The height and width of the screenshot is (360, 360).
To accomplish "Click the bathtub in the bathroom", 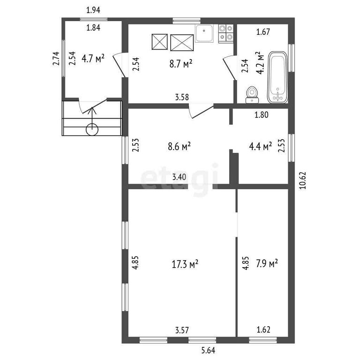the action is [x=277, y=77].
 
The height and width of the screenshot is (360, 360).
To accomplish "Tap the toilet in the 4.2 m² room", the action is [x=252, y=95].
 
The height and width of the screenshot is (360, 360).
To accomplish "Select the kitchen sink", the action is [x=204, y=34].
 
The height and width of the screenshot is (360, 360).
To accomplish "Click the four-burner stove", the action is [x=226, y=34].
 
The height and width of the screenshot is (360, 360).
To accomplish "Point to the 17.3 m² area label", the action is [x=185, y=264].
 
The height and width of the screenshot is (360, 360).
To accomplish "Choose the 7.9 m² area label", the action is [x=267, y=263].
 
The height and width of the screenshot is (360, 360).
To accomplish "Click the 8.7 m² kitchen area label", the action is [x=180, y=64].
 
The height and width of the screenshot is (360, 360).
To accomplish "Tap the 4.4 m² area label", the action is [x=260, y=146].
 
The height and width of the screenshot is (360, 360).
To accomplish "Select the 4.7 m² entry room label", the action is [x=93, y=58].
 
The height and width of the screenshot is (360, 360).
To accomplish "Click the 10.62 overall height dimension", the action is [x=303, y=180].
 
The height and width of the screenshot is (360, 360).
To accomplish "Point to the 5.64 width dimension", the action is [x=208, y=350].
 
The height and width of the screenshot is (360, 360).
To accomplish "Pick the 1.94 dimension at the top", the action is [x=93, y=10].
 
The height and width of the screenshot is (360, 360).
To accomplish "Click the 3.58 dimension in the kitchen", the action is [x=182, y=97].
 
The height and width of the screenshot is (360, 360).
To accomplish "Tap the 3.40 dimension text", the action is [x=179, y=177].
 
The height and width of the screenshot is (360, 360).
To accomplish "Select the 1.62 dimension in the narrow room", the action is [x=263, y=330].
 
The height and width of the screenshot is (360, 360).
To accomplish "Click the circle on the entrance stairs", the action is [x=92, y=130].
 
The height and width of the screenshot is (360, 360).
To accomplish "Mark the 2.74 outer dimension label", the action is [x=56, y=59].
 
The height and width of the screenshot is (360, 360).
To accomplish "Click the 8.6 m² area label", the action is [x=180, y=146].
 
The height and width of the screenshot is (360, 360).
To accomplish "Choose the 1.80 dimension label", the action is [x=262, y=114].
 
